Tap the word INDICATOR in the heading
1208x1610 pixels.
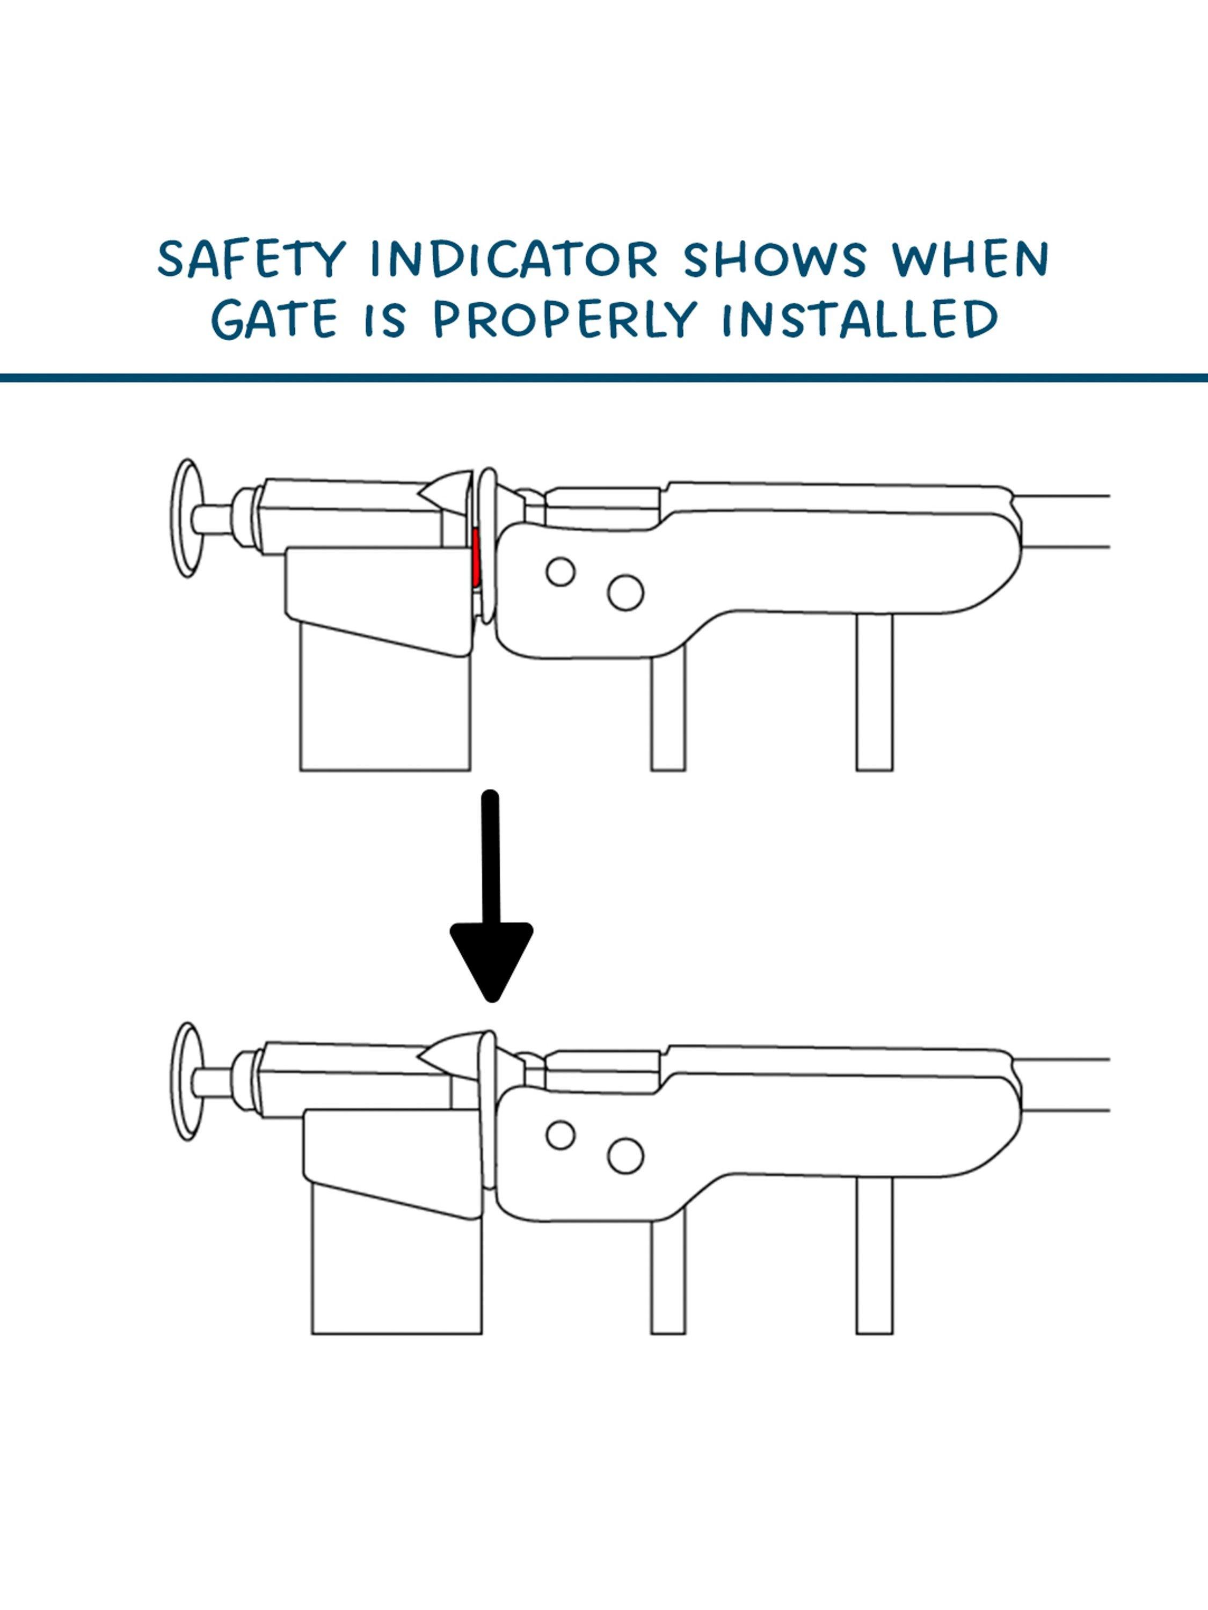[x=514, y=258]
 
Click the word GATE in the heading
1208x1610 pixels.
[x=274, y=319]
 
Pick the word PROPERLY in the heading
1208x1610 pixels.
[x=564, y=319]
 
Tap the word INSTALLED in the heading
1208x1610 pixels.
[x=860, y=319]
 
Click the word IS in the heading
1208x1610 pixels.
[x=385, y=319]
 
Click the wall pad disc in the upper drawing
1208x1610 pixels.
[x=187, y=518]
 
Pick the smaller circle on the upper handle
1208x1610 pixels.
[x=560, y=572]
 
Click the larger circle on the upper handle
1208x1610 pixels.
[x=625, y=592]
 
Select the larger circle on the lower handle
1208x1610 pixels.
[x=625, y=1156]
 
